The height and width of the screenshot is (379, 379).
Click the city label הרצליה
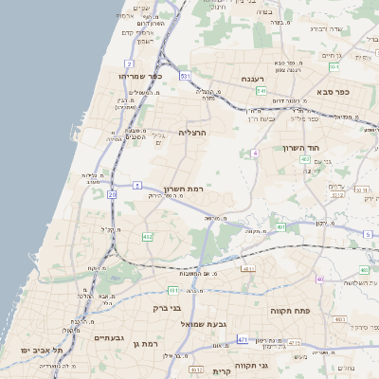point(192,134)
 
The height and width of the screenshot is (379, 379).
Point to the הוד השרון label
point(303,149)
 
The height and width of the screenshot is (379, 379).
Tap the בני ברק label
point(167,308)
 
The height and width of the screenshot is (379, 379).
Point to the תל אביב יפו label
point(44,351)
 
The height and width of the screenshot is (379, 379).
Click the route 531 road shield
point(186,75)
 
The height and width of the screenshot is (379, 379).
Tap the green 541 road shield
point(261,91)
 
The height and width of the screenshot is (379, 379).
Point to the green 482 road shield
point(305,159)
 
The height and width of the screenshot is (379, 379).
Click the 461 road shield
point(173,289)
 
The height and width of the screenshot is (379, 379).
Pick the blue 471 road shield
point(244,338)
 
